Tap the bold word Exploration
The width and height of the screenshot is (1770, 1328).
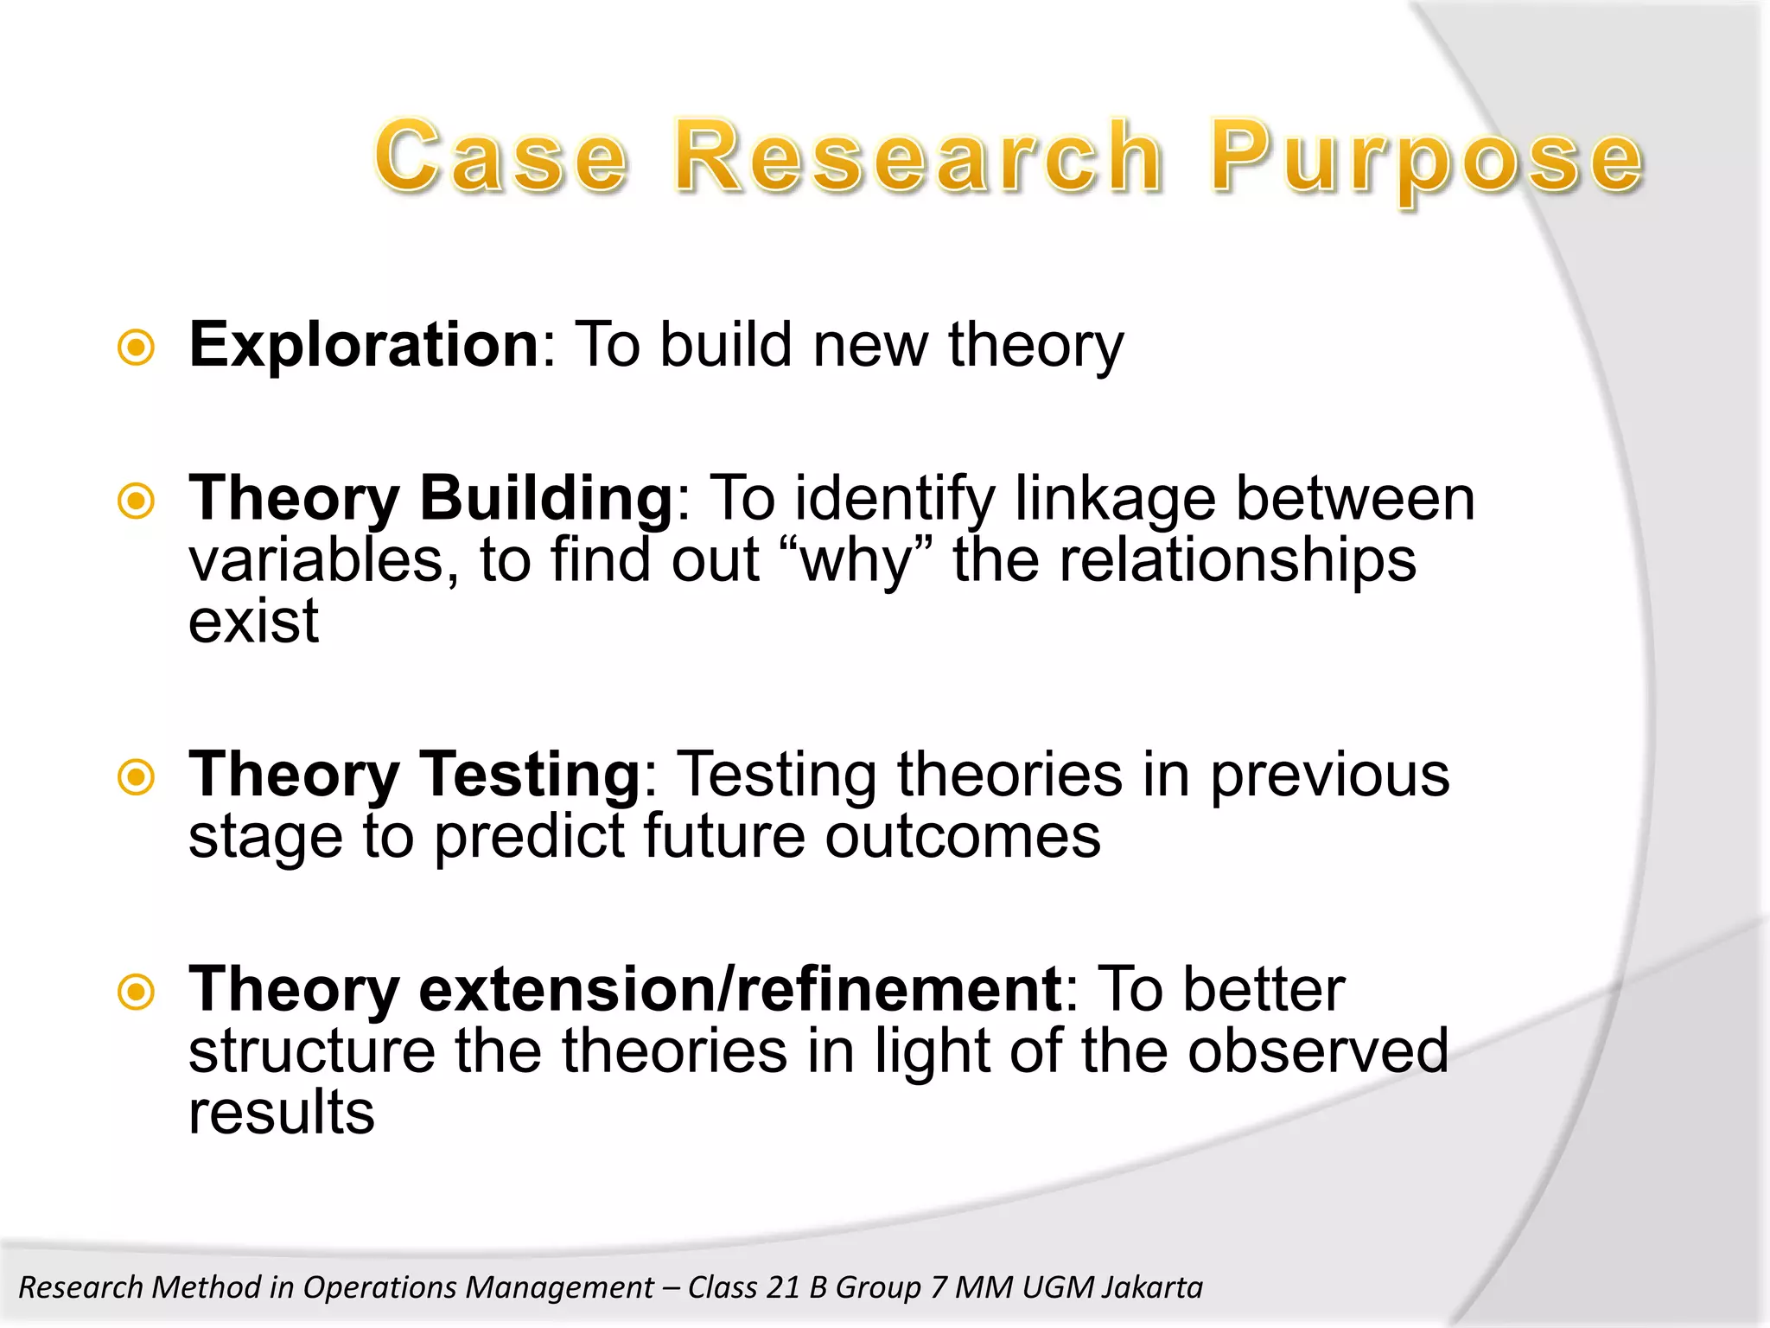point(364,345)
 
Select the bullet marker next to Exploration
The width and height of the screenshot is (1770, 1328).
point(137,348)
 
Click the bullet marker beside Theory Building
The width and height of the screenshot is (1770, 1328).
point(137,501)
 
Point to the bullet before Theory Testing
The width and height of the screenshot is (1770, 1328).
point(137,776)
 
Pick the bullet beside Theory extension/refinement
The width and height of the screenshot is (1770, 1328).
point(137,992)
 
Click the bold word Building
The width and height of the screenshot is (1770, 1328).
point(545,499)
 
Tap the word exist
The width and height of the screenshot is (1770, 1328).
point(253,622)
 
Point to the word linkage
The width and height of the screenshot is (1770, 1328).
point(1114,499)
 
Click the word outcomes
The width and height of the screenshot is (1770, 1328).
point(963,836)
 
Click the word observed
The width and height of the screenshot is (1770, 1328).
point(1317,1051)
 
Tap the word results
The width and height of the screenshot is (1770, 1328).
point(282,1113)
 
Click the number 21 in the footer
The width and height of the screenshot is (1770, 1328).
point(783,1287)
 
